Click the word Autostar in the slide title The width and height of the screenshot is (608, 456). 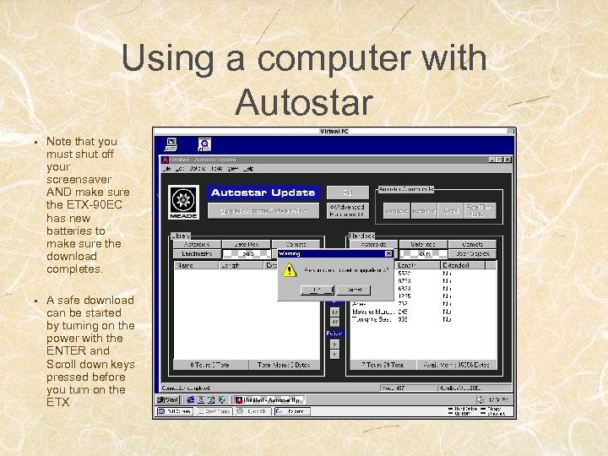click(x=304, y=102)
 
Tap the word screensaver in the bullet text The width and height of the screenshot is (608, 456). click(x=80, y=180)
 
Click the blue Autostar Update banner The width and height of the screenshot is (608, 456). click(x=263, y=193)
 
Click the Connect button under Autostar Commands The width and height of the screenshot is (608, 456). click(x=396, y=209)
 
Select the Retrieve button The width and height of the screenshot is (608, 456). click(x=424, y=209)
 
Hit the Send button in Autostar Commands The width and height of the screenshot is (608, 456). click(x=450, y=209)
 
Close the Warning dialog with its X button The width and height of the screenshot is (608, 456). click(x=388, y=252)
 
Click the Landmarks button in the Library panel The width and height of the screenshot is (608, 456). click(x=197, y=253)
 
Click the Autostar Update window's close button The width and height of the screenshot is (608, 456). click(x=507, y=159)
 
